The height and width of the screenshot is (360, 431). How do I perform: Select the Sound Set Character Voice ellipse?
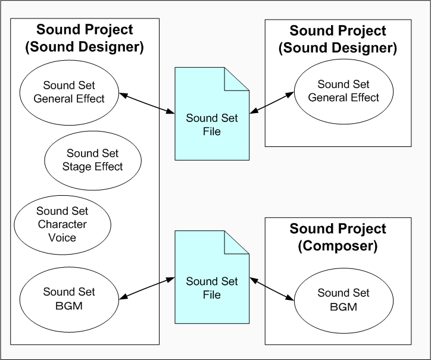[x=62, y=224]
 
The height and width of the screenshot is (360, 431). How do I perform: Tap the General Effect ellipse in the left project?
[x=69, y=92]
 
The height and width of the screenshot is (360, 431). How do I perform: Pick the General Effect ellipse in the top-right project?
[x=343, y=90]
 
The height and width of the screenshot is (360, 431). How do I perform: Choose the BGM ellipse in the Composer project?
[x=343, y=300]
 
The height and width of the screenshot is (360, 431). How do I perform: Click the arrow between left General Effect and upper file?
[x=146, y=102]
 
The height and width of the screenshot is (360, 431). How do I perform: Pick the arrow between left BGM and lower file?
[x=146, y=287]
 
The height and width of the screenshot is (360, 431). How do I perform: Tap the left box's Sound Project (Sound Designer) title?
[x=85, y=38]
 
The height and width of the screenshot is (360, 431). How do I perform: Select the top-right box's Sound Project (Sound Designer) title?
[x=338, y=39]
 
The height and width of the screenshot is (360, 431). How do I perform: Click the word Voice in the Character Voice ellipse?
[x=63, y=238]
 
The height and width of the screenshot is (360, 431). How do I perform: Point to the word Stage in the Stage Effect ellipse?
[x=76, y=167]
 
